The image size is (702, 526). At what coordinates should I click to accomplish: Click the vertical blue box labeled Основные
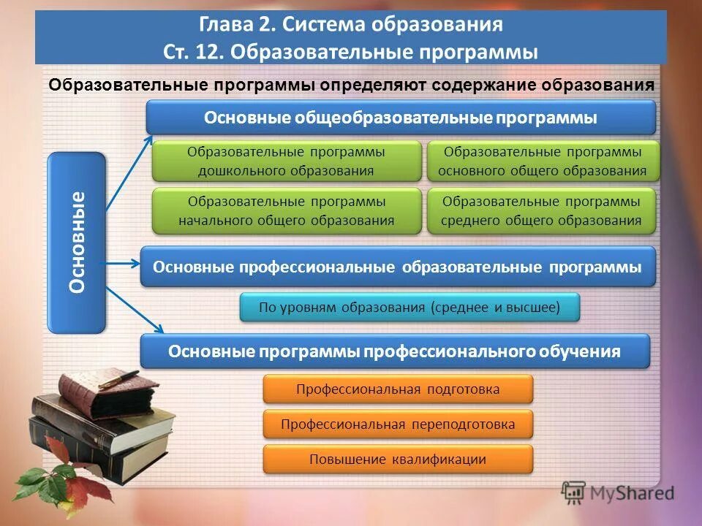(77, 243)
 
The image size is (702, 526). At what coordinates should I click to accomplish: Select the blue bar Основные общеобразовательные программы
(401, 118)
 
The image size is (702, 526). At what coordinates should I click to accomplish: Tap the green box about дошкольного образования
(287, 161)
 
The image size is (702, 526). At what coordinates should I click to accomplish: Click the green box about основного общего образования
(542, 161)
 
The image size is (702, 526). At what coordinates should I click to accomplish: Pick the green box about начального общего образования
(287, 210)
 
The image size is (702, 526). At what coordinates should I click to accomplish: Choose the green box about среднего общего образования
(542, 210)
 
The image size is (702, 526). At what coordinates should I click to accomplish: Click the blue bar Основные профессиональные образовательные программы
(397, 267)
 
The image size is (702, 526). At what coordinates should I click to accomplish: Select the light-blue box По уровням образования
(409, 308)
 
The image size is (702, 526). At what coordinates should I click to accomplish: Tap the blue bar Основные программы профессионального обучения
(394, 351)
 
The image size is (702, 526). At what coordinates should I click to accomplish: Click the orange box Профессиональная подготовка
(398, 389)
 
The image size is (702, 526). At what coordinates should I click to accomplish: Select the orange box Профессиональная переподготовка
(398, 424)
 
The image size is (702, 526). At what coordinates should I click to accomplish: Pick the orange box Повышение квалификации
(398, 460)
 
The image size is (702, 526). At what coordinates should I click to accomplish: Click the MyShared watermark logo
(618, 492)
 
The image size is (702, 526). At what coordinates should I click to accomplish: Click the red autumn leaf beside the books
(58, 449)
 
